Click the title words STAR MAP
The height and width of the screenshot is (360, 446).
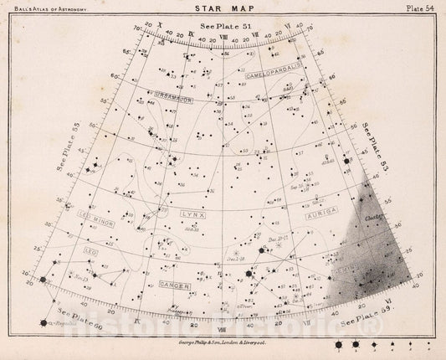click(x=222, y=12)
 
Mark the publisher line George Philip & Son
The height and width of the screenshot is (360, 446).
click(x=222, y=340)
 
